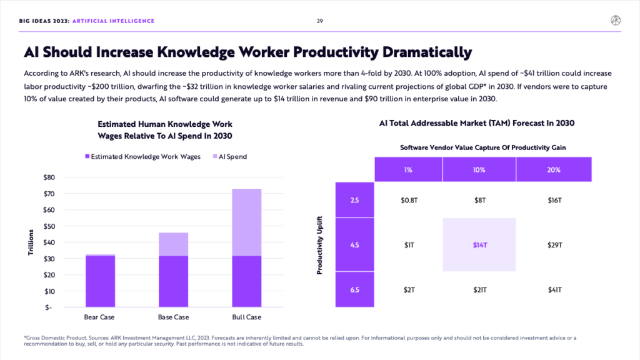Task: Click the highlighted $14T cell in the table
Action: click(x=479, y=245)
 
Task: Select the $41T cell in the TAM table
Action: click(x=554, y=290)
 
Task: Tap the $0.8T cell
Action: click(x=409, y=201)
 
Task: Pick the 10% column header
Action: click(x=479, y=169)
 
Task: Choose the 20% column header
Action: click(x=554, y=169)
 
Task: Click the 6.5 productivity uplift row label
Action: click(x=354, y=290)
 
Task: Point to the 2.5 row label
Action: click(x=354, y=201)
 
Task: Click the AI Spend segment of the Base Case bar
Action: click(x=173, y=244)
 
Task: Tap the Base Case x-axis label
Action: click(x=173, y=317)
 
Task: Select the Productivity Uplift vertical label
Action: click(x=320, y=246)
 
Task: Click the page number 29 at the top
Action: click(x=319, y=21)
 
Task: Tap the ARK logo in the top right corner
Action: click(x=616, y=21)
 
